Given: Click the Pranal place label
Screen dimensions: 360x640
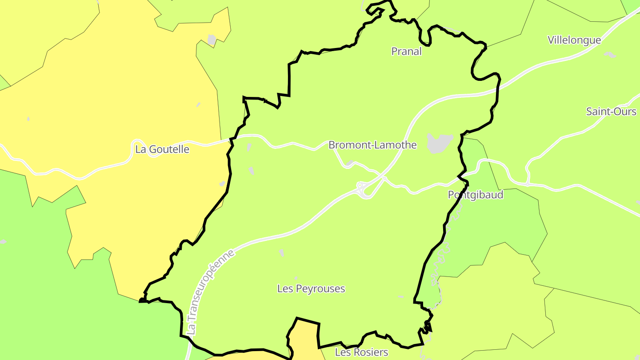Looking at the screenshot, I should (x=406, y=52).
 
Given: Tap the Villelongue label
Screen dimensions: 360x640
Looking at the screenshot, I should (x=574, y=40).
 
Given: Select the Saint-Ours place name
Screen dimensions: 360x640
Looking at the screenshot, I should (x=611, y=112).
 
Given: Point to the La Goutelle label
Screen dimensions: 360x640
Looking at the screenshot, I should (x=162, y=149).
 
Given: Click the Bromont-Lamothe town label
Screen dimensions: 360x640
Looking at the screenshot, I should (x=372, y=145).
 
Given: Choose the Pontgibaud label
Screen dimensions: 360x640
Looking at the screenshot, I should (x=476, y=195).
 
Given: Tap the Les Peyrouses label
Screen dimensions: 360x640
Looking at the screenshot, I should (x=311, y=289).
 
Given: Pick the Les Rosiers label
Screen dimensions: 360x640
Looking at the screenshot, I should (x=361, y=352).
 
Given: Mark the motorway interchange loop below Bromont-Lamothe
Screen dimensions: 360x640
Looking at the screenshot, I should (x=364, y=190).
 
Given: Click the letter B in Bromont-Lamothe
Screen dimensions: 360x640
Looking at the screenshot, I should (x=332, y=145).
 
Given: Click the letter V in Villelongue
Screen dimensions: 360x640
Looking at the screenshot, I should (x=551, y=40).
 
